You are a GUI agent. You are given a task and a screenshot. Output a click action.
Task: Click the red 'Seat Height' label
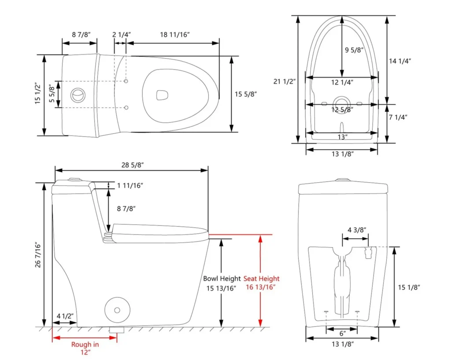point(262,279)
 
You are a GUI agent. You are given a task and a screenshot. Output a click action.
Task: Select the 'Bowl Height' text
point(222,279)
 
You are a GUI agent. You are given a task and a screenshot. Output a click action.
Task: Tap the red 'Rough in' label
point(85,345)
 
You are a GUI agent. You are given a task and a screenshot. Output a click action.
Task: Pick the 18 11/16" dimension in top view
point(174,35)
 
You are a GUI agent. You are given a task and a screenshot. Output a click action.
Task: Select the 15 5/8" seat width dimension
point(245,94)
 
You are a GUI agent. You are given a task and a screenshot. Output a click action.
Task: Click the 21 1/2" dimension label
point(285,81)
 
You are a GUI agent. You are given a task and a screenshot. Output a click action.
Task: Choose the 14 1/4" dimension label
point(399,61)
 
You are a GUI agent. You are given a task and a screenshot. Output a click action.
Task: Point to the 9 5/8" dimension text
point(354,50)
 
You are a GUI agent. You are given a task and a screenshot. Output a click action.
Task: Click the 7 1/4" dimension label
point(398,117)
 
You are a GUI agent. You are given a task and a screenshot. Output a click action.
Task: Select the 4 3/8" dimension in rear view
point(357,230)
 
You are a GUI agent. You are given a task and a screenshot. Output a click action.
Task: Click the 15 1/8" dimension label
point(409,287)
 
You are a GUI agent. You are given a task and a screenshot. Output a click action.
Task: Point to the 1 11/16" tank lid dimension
point(131,186)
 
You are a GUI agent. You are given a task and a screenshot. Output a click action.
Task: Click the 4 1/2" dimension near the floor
point(65,315)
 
